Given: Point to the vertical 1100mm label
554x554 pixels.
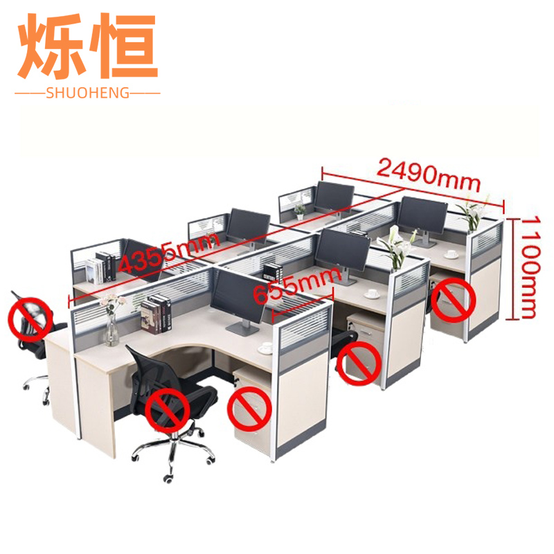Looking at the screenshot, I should [530, 267].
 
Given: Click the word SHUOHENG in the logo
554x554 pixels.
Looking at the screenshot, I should [87, 92].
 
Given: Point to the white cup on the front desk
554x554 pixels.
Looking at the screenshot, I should [265, 347].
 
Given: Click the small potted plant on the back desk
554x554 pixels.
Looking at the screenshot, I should [300, 210].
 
